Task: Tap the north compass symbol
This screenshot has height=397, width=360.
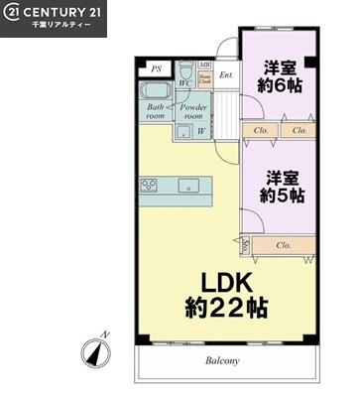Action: (x=96, y=349)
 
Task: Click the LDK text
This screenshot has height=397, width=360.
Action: (x=225, y=281)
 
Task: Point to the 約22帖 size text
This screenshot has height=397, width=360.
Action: (x=225, y=307)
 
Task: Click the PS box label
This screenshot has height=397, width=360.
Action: (x=155, y=69)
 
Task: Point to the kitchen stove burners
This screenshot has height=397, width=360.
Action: (x=150, y=186)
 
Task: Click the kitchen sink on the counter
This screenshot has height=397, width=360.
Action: (x=188, y=186)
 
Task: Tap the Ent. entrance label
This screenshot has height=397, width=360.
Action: (x=226, y=74)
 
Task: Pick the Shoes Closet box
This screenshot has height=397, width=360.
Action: (x=203, y=78)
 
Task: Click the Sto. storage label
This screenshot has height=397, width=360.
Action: (x=245, y=243)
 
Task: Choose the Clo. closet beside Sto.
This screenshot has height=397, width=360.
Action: (x=284, y=244)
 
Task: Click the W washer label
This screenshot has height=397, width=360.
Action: (x=201, y=131)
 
